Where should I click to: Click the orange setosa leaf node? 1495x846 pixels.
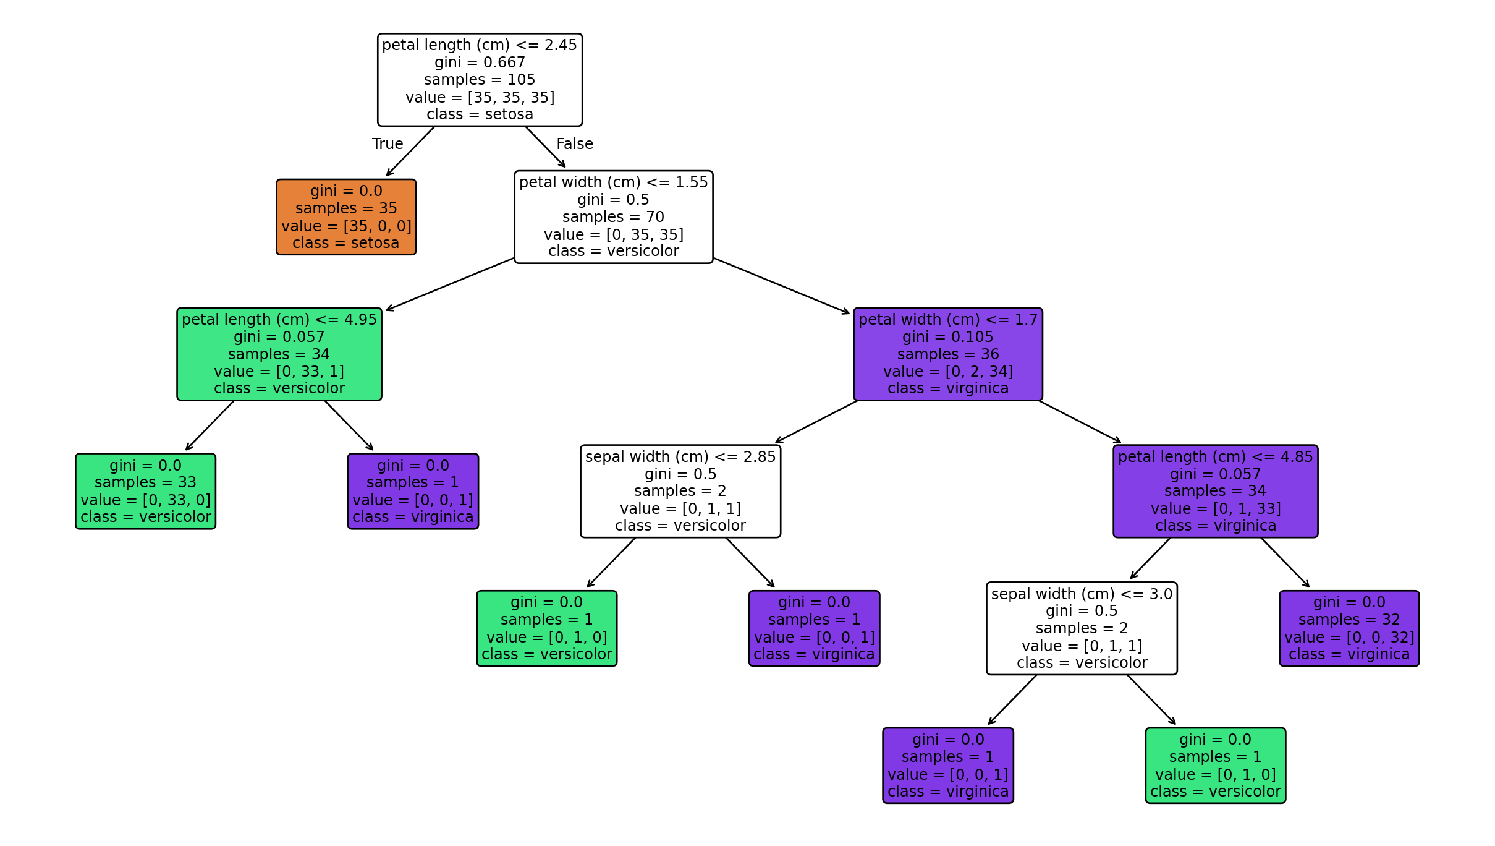(345, 217)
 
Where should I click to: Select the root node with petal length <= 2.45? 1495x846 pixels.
(480, 80)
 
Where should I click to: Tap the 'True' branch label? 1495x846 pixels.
(388, 144)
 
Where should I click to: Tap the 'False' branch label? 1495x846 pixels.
(574, 144)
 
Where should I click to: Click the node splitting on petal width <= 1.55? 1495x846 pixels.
(613, 217)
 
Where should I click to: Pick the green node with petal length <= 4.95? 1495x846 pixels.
(279, 354)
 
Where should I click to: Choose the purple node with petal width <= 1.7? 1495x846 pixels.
(947, 354)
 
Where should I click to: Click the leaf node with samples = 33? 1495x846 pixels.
(145, 491)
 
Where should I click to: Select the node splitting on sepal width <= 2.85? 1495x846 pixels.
(680, 491)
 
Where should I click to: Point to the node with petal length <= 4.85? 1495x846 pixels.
(1215, 491)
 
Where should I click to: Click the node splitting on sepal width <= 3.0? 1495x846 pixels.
(1082, 628)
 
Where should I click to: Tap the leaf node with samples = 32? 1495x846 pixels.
(1349, 628)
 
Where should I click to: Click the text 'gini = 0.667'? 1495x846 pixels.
(480, 62)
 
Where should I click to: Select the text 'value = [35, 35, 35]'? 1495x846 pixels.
(480, 98)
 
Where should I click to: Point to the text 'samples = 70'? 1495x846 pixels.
(613, 217)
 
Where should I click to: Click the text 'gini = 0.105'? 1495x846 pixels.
(947, 337)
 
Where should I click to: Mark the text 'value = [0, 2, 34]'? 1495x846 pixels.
(947, 372)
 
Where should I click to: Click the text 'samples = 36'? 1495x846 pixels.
(947, 354)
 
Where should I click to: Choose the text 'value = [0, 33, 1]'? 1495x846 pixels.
(279, 372)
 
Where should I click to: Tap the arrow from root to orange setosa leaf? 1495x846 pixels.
(410, 152)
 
